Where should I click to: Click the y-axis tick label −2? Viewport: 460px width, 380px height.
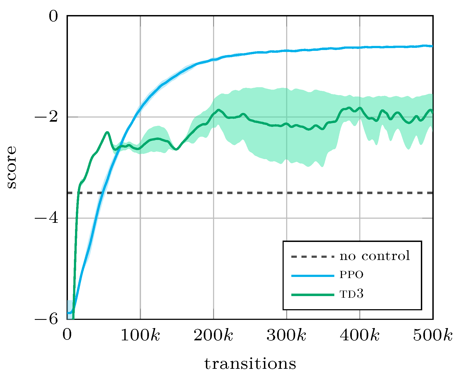coord(46,117)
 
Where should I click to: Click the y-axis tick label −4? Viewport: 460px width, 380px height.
coord(46,218)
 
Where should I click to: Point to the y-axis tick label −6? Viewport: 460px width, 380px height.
coord(46,319)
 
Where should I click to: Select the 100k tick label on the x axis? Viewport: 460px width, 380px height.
coord(140,335)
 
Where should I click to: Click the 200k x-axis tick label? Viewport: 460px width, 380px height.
coord(213,335)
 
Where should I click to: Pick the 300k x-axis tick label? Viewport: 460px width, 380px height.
coord(286,335)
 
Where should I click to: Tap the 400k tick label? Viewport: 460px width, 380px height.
coord(360,335)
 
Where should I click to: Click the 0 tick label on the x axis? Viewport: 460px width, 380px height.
coord(67,335)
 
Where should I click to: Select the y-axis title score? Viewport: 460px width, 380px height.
coord(12,167)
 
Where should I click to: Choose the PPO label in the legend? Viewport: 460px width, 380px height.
coord(351,275)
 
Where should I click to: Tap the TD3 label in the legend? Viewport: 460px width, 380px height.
coord(351,294)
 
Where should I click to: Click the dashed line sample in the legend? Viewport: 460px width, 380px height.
coord(313,257)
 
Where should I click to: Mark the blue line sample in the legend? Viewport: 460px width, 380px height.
coord(313,276)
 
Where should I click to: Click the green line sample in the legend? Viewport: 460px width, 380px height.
coord(313,295)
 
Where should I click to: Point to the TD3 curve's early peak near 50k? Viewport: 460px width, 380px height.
coord(107,132)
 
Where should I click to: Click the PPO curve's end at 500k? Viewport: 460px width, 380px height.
coord(432,46)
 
